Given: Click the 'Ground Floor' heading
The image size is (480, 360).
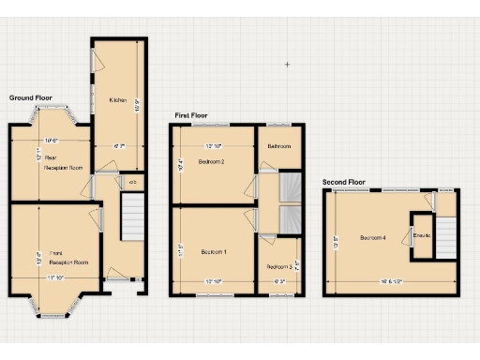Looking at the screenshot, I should point(31,97).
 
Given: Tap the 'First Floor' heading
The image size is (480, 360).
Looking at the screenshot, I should point(191,116).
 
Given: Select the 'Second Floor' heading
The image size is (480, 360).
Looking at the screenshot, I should point(344,182).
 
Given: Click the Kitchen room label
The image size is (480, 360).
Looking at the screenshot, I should point(117,100).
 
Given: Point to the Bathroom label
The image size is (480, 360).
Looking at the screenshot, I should point(278,146).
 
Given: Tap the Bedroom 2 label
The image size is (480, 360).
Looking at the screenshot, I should point(211,161).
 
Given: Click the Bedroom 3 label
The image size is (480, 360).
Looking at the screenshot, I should point(278,252).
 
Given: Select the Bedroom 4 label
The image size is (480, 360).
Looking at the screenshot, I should point(372,237).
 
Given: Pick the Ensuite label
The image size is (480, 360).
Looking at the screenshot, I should point(422,234).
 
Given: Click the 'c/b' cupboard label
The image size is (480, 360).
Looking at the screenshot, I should point(132,182).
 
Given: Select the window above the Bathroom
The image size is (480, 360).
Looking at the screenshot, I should point(278,125).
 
